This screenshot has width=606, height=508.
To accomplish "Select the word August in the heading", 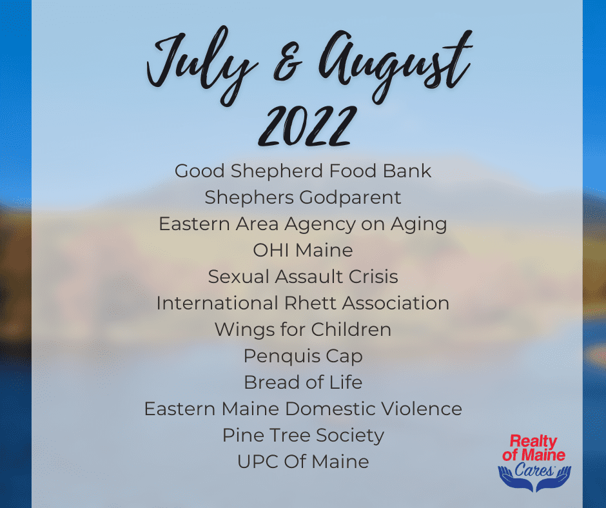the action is (x=394, y=64).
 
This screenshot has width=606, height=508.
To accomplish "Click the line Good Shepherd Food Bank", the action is (x=303, y=171).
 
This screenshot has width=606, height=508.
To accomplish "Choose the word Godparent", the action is (x=350, y=198).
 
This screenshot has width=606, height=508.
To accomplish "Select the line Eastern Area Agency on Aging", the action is (x=303, y=224).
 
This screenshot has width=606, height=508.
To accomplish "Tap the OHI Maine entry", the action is (x=303, y=250).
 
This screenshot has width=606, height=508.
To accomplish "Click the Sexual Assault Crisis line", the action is (x=303, y=277).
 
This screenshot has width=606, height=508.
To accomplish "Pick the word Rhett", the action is (x=311, y=303).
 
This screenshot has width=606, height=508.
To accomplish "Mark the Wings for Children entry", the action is (x=303, y=330).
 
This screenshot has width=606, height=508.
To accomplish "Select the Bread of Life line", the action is (x=303, y=382).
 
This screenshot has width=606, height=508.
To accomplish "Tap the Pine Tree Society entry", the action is (x=303, y=436).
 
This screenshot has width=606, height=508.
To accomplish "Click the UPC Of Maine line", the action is (x=303, y=462).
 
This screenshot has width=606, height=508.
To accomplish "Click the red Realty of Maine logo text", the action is (x=534, y=447).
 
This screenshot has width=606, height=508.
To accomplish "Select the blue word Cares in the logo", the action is (x=534, y=470).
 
